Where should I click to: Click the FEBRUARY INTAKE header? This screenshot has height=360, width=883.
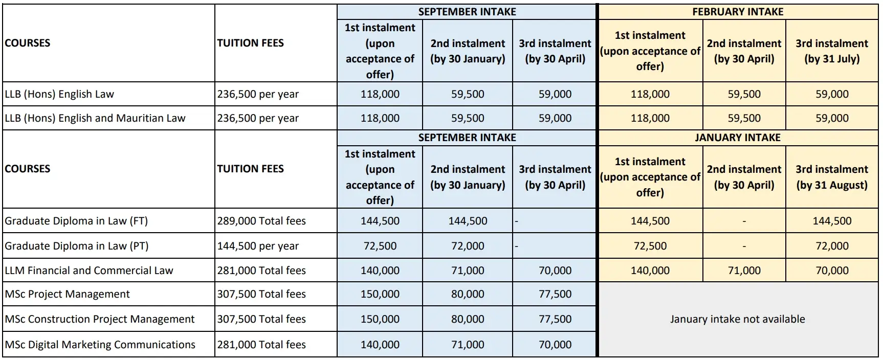pyautogui.click(x=737, y=12)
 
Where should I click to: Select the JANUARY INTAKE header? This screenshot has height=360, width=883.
pyautogui.click(x=737, y=138)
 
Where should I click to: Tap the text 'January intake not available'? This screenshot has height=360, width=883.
pyautogui.click(x=737, y=319)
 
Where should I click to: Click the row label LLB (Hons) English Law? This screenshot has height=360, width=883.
pyautogui.click(x=59, y=94)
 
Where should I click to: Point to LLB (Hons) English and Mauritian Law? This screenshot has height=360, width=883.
pyautogui.click(x=95, y=118)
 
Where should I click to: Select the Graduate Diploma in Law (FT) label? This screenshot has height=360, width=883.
pyautogui.click(x=76, y=221)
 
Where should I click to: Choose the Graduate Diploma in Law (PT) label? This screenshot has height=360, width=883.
pyautogui.click(x=77, y=246)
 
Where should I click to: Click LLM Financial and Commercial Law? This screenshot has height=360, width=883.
pyautogui.click(x=89, y=271)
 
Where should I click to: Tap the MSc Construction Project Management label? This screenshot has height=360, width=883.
pyautogui.click(x=100, y=319)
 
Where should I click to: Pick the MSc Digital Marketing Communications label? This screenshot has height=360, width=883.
pyautogui.click(x=100, y=345)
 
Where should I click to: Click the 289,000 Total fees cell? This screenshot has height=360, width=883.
pyautogui.click(x=261, y=221)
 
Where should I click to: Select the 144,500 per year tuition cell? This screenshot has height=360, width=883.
pyautogui.click(x=258, y=246)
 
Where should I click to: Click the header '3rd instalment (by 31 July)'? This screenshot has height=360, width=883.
pyautogui.click(x=831, y=51)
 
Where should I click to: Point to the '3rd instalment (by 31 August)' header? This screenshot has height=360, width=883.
pyautogui.click(x=831, y=177)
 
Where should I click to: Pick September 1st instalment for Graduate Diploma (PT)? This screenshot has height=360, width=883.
pyautogui.click(x=380, y=246)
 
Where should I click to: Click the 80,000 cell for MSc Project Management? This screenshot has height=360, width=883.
pyautogui.click(x=468, y=294)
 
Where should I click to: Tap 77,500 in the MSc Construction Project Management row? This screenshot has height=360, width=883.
pyautogui.click(x=555, y=319)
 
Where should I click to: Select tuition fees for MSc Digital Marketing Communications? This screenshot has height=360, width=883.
pyautogui.click(x=261, y=345)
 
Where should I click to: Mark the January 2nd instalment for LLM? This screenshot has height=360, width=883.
pyautogui.click(x=744, y=271)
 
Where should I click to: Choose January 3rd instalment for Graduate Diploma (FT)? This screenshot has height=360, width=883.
pyautogui.click(x=832, y=221)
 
